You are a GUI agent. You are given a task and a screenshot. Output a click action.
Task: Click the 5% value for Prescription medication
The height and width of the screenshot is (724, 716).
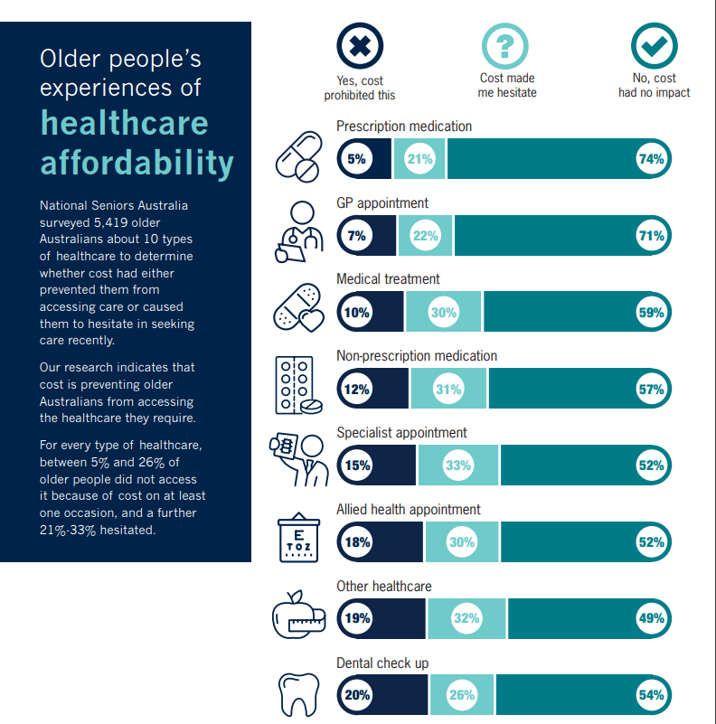tap(356, 159)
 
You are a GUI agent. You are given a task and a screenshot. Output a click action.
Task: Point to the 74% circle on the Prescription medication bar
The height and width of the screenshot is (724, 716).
tap(651, 159)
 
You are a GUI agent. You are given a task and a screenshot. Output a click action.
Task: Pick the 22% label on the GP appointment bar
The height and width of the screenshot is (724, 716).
tap(425, 236)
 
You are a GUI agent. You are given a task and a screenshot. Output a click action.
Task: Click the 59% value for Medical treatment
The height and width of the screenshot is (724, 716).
tap(651, 313)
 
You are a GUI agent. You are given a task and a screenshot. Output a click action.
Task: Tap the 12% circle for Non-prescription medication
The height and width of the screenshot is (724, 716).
tap(356, 390)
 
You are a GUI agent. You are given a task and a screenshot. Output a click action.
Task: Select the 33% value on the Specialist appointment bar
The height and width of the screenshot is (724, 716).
tap(458, 465)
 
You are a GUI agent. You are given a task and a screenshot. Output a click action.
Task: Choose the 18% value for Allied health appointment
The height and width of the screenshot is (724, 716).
tap(356, 542)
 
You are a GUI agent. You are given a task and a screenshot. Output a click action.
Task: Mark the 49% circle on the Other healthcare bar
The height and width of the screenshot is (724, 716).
tap(651, 619)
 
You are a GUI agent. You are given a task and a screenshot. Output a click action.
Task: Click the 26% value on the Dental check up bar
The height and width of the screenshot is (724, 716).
tap(461, 695)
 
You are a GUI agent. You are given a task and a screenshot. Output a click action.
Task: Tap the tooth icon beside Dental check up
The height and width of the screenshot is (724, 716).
tap(298, 694)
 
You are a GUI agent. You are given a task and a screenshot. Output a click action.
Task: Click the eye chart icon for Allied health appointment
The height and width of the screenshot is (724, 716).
tap(298, 539)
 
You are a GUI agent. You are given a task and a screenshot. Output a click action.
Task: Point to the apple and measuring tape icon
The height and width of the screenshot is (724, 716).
tap(298, 616)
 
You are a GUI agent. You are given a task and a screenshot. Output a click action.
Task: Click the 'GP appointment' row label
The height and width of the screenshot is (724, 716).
tap(382, 203)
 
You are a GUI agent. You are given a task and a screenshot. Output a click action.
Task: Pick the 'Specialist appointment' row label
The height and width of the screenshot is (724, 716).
tap(401, 433)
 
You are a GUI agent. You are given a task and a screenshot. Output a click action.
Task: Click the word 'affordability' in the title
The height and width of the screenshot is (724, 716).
tap(137, 163)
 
